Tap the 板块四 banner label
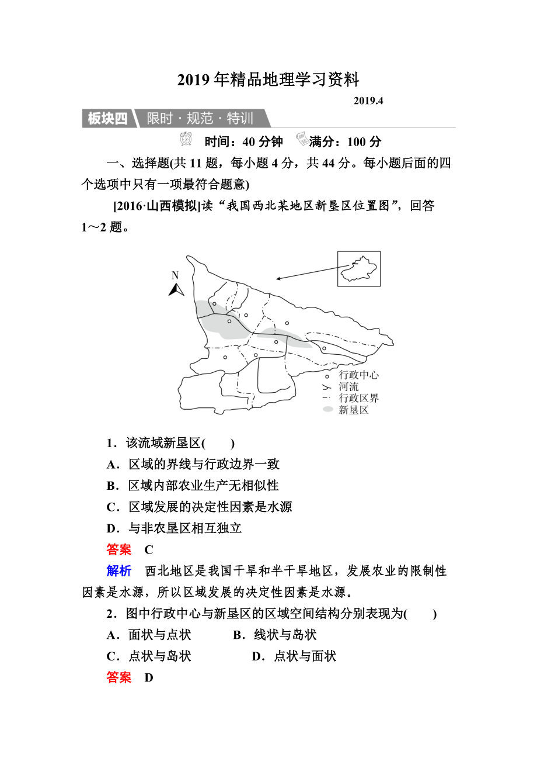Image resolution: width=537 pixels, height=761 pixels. pos(107,119)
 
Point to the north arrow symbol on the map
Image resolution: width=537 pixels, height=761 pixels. pos(176,289)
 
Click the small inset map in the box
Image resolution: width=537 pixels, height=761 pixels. pos(358,269)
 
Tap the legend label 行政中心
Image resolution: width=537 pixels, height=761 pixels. pos(358,375)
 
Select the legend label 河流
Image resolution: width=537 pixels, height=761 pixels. pos(348,387)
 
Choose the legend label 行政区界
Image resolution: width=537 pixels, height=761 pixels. pos(358,398)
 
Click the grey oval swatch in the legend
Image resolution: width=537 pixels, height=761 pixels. pos(328,410)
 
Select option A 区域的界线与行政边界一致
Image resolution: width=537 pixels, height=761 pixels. pos(193,464)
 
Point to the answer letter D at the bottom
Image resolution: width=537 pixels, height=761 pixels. pos(149,678)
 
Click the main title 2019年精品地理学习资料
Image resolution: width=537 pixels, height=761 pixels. pos(268,79)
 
